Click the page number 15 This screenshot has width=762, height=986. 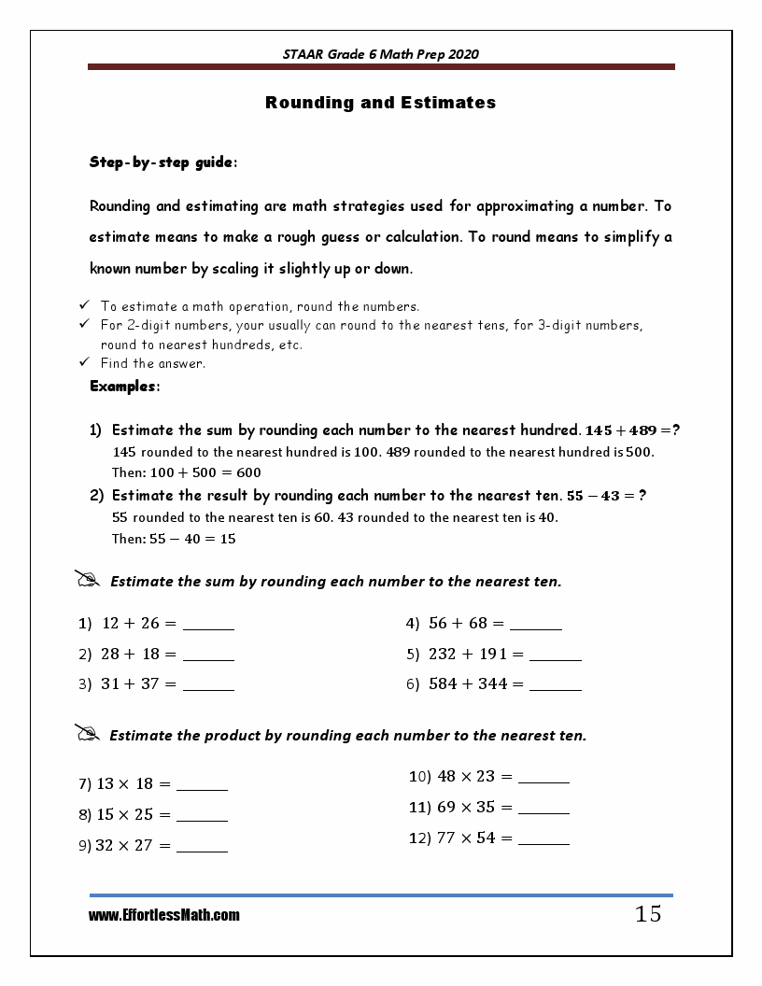[x=648, y=914]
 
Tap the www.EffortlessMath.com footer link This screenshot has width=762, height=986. [x=164, y=916]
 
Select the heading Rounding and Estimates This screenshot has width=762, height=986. [x=380, y=103]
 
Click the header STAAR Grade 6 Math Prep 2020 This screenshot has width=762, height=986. [x=380, y=54]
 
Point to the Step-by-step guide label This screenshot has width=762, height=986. [x=162, y=162]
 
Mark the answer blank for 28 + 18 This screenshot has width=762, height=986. [x=208, y=657]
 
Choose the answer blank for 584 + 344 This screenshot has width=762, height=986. [x=556, y=687]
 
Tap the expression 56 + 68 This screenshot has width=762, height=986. [x=459, y=624]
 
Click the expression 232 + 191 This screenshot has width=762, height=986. [x=468, y=655]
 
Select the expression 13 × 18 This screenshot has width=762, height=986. [x=127, y=784]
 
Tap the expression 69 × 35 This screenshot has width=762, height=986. [x=466, y=807]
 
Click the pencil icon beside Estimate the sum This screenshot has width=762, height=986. [x=87, y=580]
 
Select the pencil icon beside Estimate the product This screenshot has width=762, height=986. [x=87, y=734]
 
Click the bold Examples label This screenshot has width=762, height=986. [x=124, y=386]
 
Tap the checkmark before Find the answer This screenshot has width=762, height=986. [x=84, y=362]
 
